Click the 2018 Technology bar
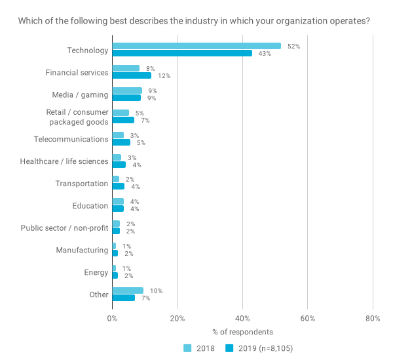click(x=196, y=46)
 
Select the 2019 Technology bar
click(x=182, y=54)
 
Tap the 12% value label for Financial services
click(x=164, y=76)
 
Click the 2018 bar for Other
click(x=128, y=290)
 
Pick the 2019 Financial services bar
click(x=132, y=76)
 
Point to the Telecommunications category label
click(x=71, y=139)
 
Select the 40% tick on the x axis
click(x=242, y=319)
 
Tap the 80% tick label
click(x=373, y=319)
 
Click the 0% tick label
click(x=112, y=319)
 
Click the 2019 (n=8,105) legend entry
click(x=264, y=348)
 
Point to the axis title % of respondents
click(x=242, y=332)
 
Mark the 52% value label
click(x=293, y=46)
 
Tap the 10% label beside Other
click(x=156, y=290)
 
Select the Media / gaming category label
click(x=80, y=94)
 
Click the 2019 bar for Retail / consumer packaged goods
click(x=123, y=120)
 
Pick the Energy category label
click(x=96, y=272)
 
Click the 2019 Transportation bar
click(x=118, y=187)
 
